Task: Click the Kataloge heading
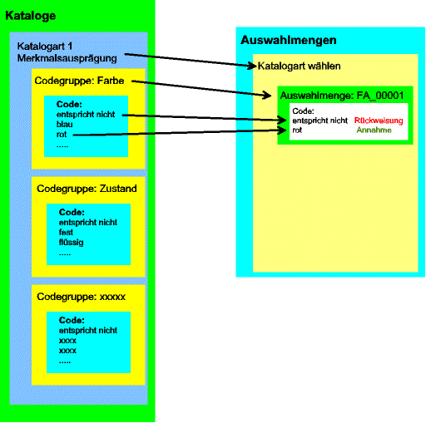pyautogui.click(x=31, y=16)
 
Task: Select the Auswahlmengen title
pyautogui.click(x=289, y=41)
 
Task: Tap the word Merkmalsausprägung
pyautogui.click(x=67, y=59)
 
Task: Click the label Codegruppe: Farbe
pyautogui.click(x=79, y=81)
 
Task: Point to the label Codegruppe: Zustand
pyautogui.click(x=87, y=189)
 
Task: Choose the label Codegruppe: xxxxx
pyautogui.click(x=81, y=297)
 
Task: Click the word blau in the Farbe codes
pyautogui.click(x=64, y=125)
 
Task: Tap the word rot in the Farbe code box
pyautogui.click(x=62, y=135)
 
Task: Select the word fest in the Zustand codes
pyautogui.click(x=66, y=232)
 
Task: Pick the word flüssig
pyautogui.click(x=71, y=243)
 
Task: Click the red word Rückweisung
pyautogui.click(x=379, y=121)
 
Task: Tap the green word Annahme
pyautogui.click(x=374, y=130)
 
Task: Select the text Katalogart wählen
pyautogui.click(x=299, y=66)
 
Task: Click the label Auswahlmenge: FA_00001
pyautogui.click(x=342, y=96)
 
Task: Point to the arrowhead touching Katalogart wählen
pyautogui.click(x=253, y=66)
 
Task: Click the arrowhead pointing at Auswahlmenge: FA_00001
pyautogui.click(x=268, y=96)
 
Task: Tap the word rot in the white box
pyautogui.click(x=297, y=130)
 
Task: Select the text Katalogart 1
pyautogui.click(x=45, y=47)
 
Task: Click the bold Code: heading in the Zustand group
pyautogui.click(x=72, y=212)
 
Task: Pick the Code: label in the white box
pyautogui.click(x=303, y=111)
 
